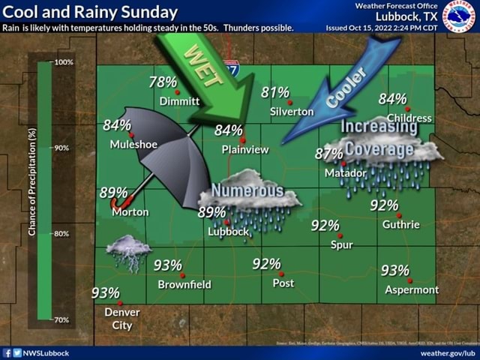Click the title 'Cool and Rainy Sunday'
point(90,12)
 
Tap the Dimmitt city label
point(179,101)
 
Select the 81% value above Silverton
point(275,92)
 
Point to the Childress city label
point(409,118)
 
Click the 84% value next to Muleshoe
point(117,124)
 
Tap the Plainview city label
point(245,149)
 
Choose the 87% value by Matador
point(328,154)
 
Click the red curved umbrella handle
point(118,203)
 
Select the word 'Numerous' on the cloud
point(247,190)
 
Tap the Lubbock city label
point(228,232)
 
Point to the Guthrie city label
point(400,223)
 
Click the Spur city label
point(341,244)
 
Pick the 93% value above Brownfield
point(168,265)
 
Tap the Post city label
point(283,283)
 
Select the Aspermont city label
point(412,289)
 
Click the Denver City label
point(122,318)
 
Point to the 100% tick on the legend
point(64,61)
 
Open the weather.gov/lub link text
point(448,352)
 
